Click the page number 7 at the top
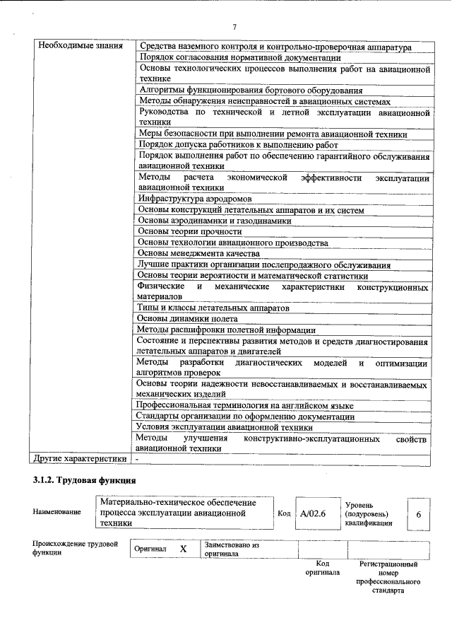(x=235, y=27)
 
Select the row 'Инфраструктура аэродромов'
(x=195, y=199)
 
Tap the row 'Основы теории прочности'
(x=189, y=231)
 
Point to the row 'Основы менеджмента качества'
(x=198, y=253)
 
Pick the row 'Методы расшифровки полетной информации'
(x=226, y=330)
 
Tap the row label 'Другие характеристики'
(x=78, y=459)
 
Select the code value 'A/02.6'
(x=312, y=514)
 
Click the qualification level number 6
(x=418, y=514)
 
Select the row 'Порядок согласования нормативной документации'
(x=239, y=58)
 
